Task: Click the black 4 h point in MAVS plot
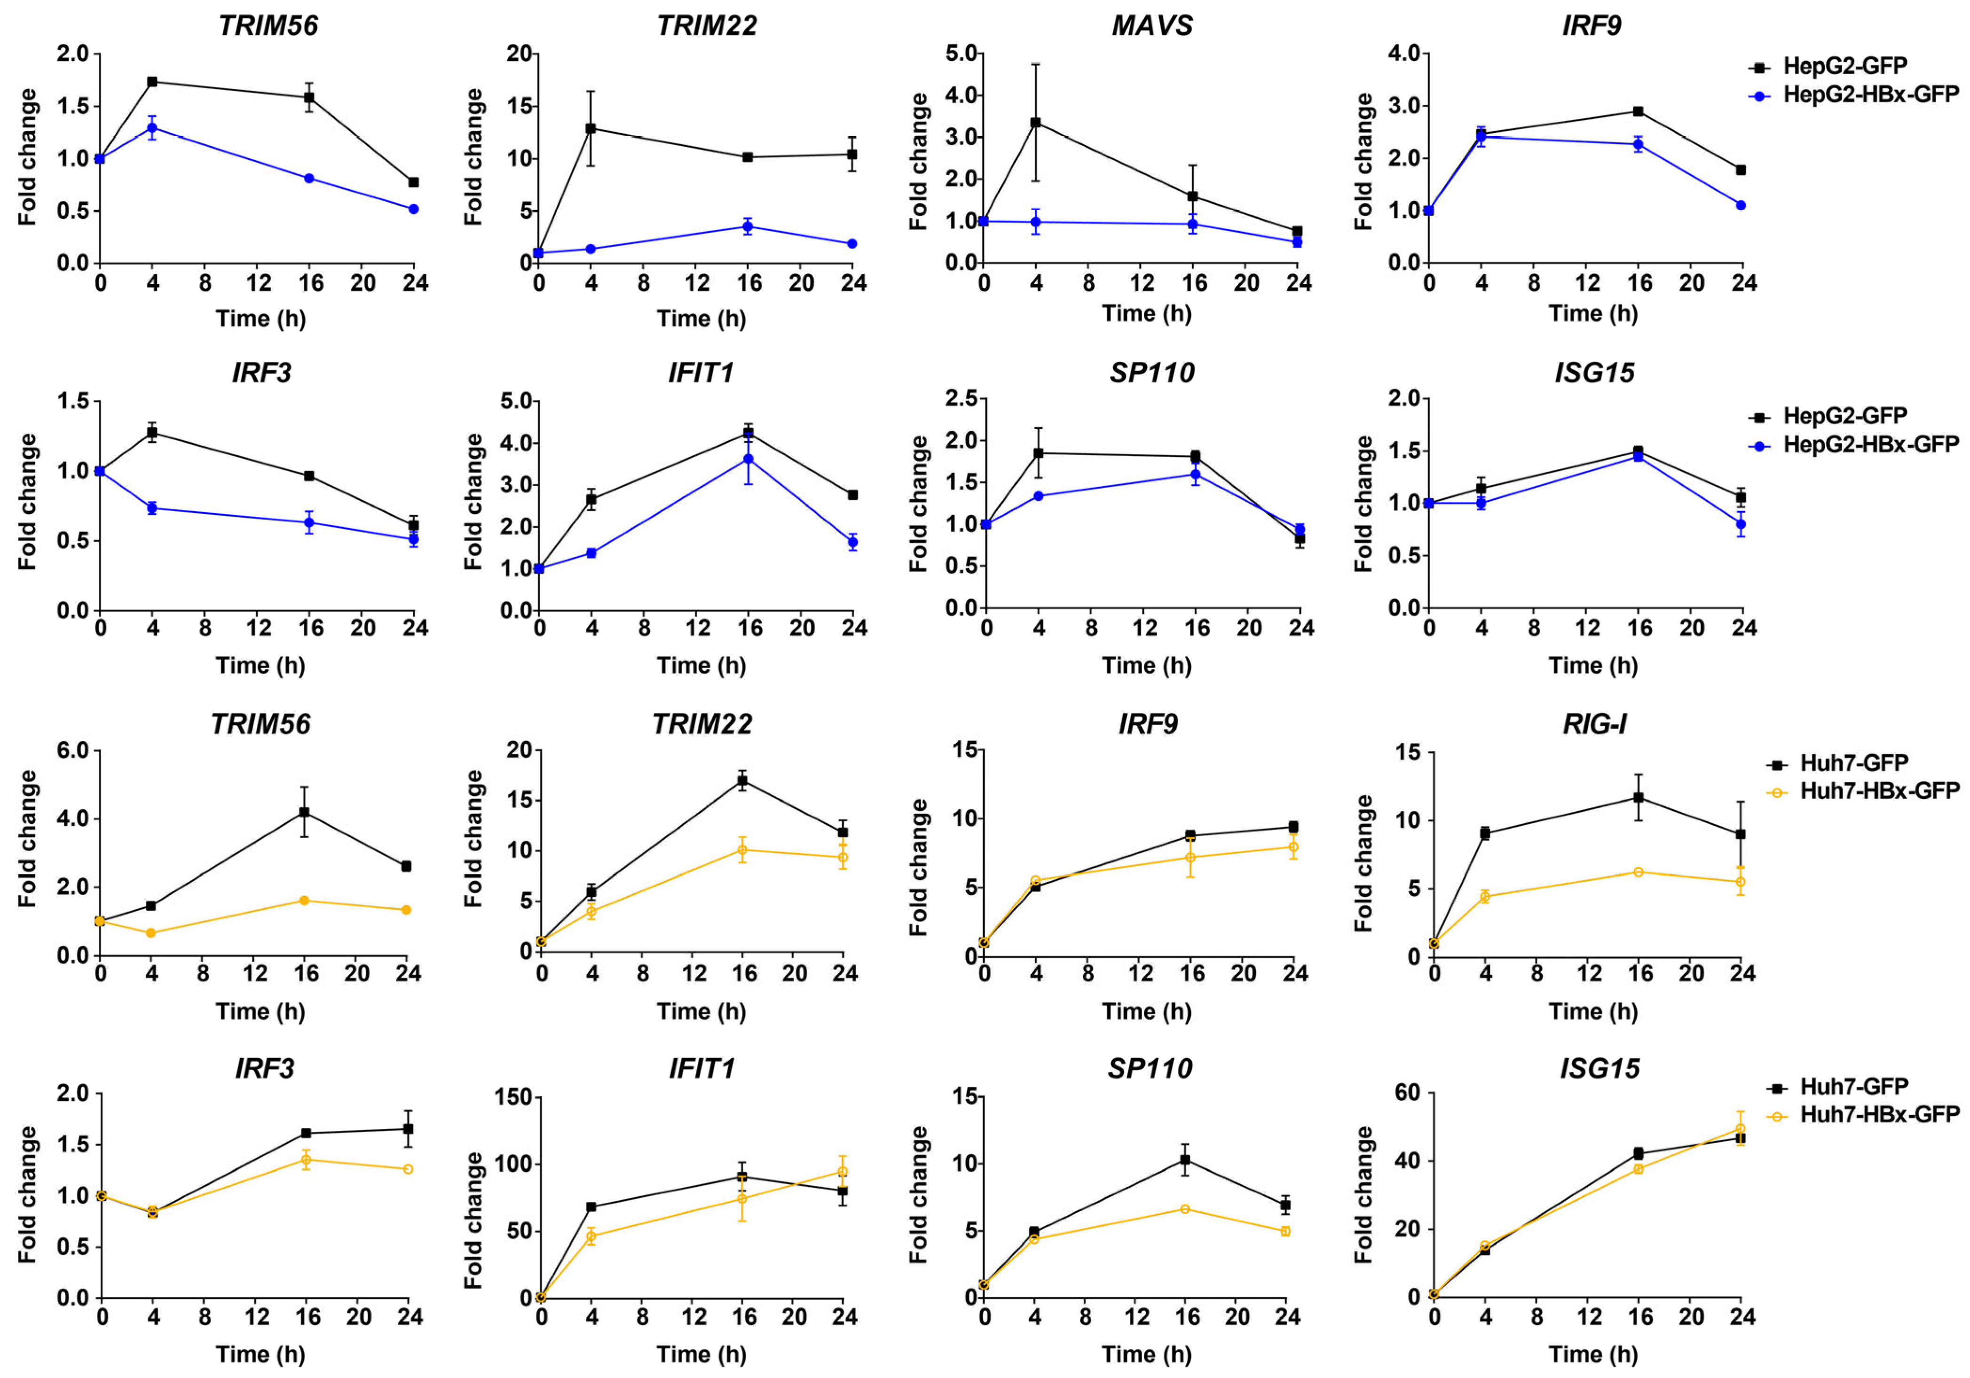(1036, 123)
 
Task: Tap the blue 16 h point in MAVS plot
(1193, 225)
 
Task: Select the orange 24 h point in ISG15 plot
(1740, 1129)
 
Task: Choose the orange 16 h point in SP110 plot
(1185, 1209)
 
